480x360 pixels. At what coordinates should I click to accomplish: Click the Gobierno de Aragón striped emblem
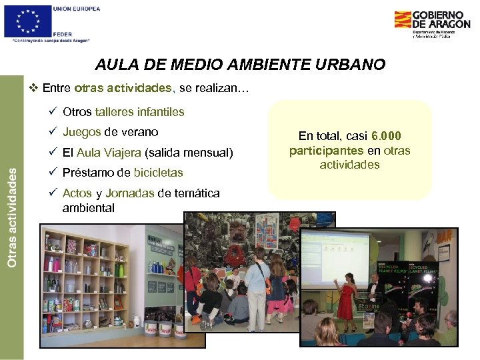(402, 19)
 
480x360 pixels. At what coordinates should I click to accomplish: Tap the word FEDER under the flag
(63, 33)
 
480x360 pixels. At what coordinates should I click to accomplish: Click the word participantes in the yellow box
(327, 151)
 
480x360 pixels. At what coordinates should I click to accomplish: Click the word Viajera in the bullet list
(122, 152)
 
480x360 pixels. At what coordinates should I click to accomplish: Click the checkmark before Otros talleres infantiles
(52, 111)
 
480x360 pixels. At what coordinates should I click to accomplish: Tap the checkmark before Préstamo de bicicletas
(52, 173)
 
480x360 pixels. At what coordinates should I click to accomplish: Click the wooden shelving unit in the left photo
(84, 280)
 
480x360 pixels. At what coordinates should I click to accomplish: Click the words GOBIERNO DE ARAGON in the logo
(441, 19)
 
